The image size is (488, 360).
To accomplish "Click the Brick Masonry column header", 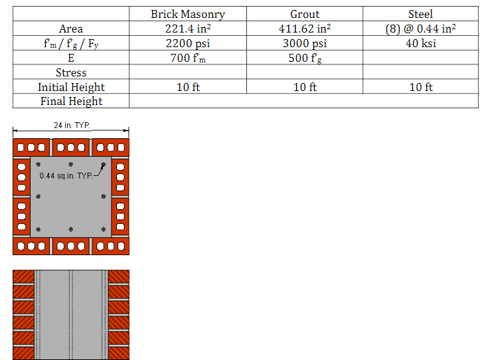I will [x=188, y=14].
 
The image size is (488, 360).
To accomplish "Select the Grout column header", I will [x=305, y=14].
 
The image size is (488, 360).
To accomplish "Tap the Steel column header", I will [x=420, y=14].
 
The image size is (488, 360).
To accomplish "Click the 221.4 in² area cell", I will [x=188, y=29].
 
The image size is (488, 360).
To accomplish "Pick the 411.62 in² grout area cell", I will [x=305, y=29].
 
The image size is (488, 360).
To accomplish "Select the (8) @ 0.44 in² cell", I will [x=420, y=29].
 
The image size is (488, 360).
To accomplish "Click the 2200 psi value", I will [x=188, y=43].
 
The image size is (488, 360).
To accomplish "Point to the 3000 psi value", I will [x=305, y=43].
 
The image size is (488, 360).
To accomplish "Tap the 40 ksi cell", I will [x=420, y=43].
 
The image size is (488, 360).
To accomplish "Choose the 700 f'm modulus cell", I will [x=188, y=58].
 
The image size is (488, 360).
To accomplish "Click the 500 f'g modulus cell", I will [x=305, y=58].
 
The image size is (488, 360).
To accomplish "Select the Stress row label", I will [x=71, y=72].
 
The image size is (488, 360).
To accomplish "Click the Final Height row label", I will [x=71, y=101].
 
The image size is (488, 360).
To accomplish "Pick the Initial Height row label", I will [x=71, y=87].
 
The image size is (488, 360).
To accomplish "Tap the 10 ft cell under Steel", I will [x=420, y=87].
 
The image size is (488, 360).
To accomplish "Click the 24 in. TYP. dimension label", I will [x=71, y=125].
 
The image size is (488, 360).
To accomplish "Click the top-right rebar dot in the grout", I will [x=104, y=165].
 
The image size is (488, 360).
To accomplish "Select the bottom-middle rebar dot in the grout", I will [x=71, y=230].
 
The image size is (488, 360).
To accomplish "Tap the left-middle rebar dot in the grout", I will [x=39, y=197].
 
